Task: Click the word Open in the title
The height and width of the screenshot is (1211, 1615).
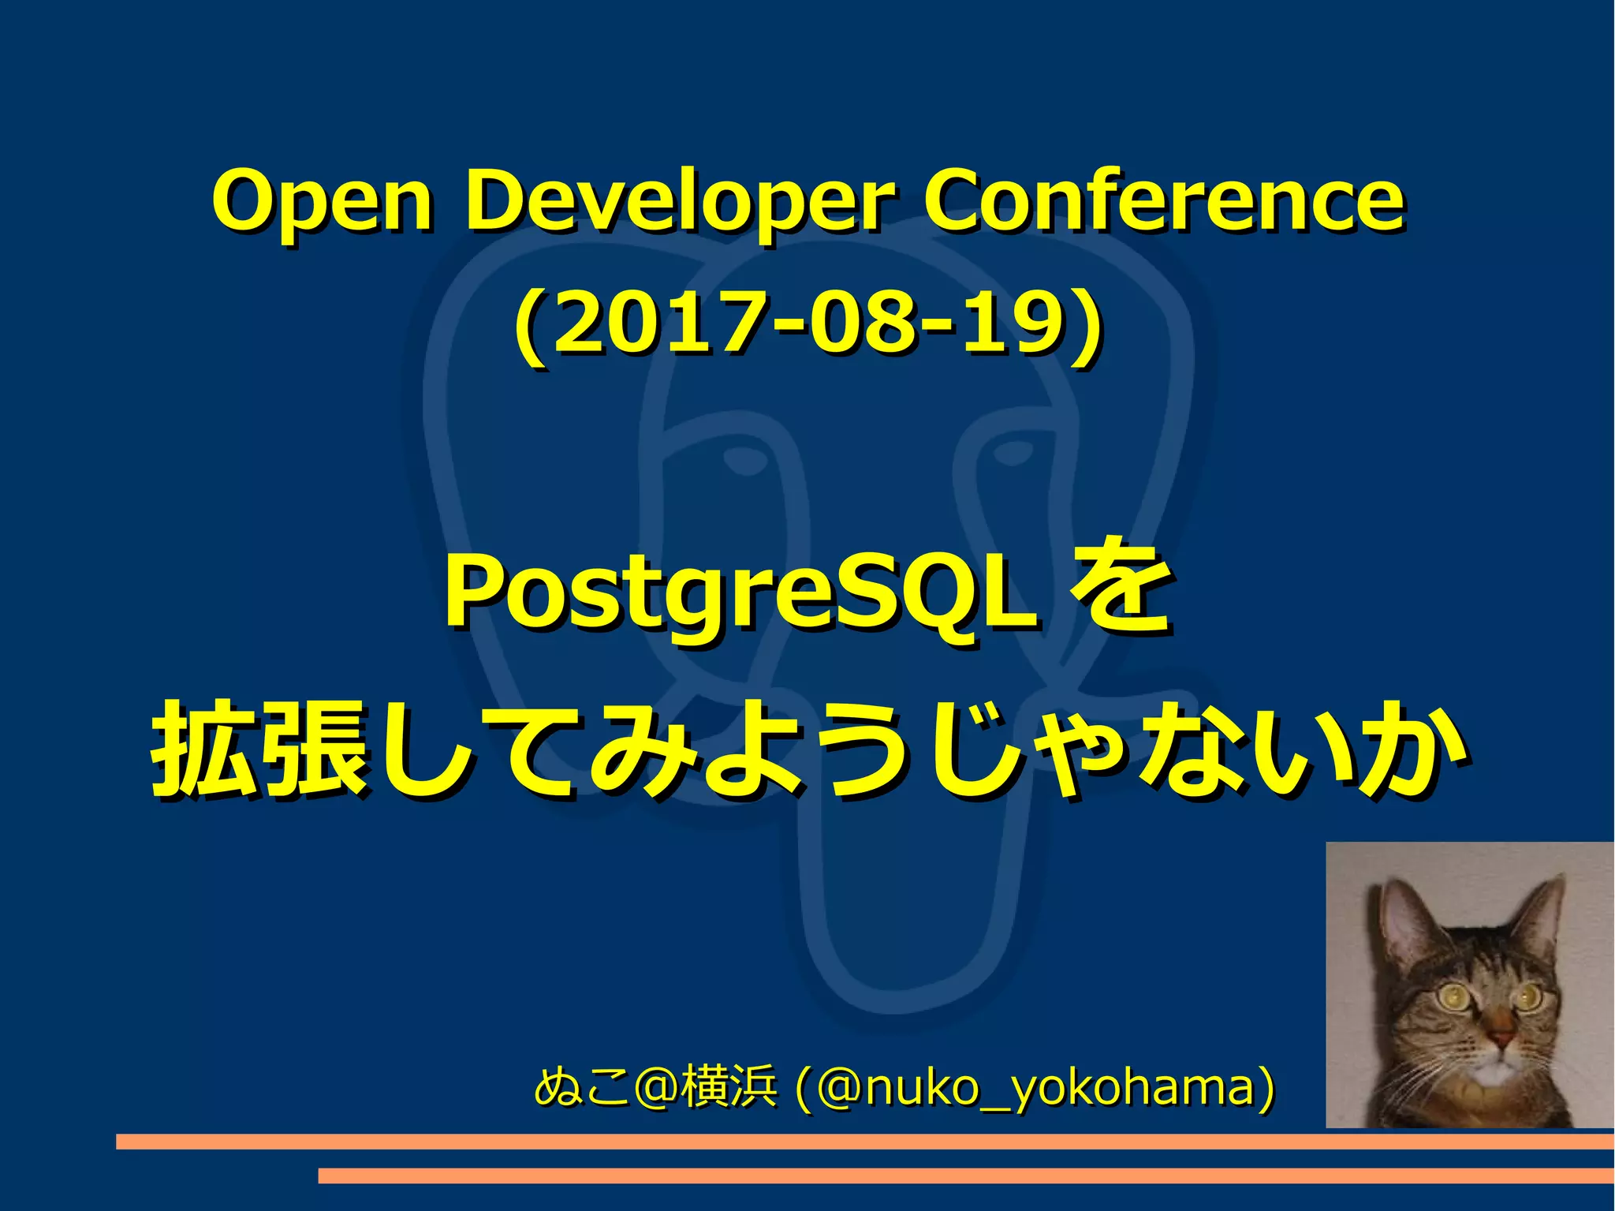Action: pyautogui.click(x=323, y=201)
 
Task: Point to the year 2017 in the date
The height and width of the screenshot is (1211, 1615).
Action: pyautogui.click(x=662, y=323)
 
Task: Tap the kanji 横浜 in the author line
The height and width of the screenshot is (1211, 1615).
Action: pyautogui.click(x=730, y=1087)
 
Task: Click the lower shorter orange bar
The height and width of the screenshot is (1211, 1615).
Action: pyautogui.click(x=965, y=1175)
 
